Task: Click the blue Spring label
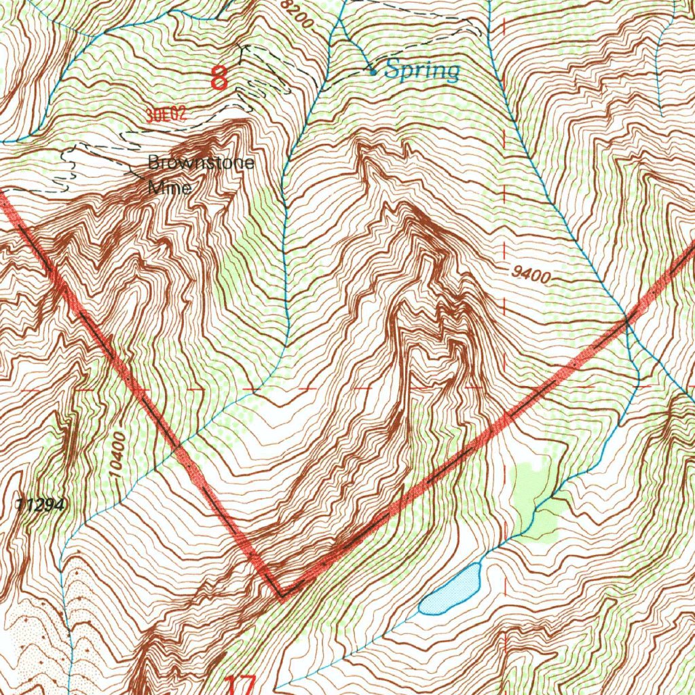[x=422, y=70]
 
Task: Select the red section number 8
[x=219, y=79]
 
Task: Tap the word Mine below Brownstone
[x=169, y=188]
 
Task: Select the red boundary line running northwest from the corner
[x=136, y=387]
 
